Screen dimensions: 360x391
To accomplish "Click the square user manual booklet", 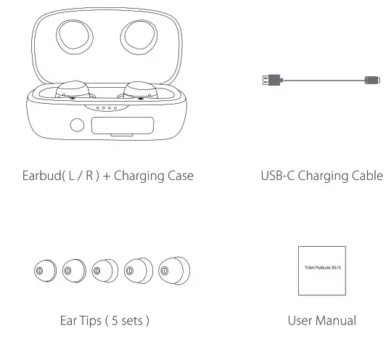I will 324,270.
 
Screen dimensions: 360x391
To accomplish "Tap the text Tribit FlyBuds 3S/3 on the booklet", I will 324,269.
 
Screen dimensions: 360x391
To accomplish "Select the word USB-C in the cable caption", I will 278,176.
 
